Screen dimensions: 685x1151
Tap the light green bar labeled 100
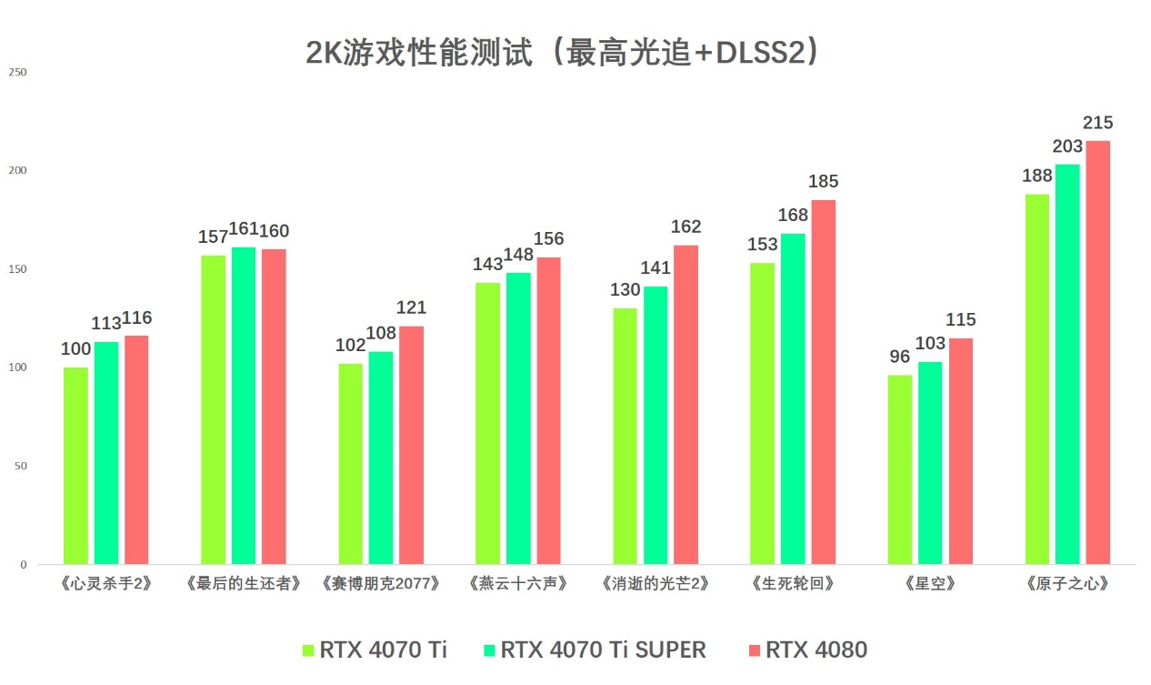[75, 466]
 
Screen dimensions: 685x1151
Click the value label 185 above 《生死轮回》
[823, 182]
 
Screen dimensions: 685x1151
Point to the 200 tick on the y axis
[18, 171]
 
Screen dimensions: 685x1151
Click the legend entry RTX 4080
[816, 650]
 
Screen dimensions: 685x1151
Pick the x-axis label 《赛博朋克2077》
[381, 584]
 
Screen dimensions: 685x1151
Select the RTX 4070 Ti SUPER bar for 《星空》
[930, 463]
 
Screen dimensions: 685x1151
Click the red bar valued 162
[686, 405]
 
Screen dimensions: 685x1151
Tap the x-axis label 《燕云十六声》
[518, 584]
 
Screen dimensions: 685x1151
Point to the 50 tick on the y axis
[20, 466]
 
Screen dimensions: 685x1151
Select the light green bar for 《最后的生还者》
[213, 409]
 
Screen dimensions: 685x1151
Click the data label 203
[1067, 146]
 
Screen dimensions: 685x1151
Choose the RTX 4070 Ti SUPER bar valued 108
[381, 458]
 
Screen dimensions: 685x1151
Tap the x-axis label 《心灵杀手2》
[106, 584]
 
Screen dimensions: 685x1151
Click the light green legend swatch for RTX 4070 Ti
[308, 650]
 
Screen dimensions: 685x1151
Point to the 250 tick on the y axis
[18, 73]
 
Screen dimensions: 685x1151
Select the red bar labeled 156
[548, 411]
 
